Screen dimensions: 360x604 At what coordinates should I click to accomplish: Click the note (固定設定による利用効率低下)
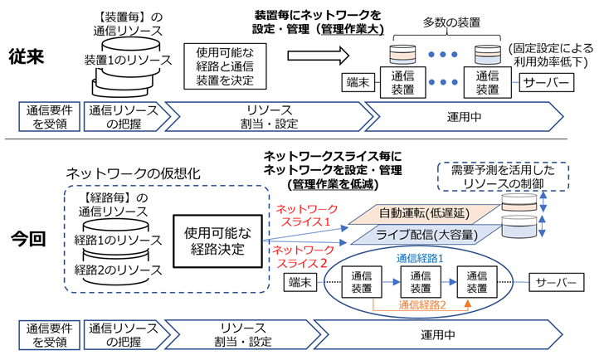551,56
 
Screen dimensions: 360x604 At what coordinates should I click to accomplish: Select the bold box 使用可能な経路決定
217,236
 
